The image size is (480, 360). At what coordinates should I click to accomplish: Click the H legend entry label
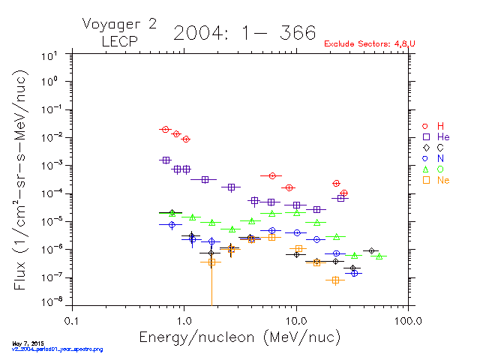(441, 125)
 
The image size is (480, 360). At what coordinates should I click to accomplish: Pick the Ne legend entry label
(443, 181)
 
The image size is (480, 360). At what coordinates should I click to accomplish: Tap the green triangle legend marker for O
(425, 169)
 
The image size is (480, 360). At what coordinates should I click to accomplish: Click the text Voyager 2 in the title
(119, 24)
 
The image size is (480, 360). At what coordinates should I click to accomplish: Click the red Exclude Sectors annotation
(370, 44)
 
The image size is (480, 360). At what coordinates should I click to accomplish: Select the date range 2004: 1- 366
(244, 33)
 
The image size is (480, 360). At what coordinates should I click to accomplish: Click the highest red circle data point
(165, 130)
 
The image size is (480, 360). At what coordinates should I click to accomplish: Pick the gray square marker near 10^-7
(335, 280)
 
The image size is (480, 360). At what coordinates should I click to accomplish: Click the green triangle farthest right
(379, 256)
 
